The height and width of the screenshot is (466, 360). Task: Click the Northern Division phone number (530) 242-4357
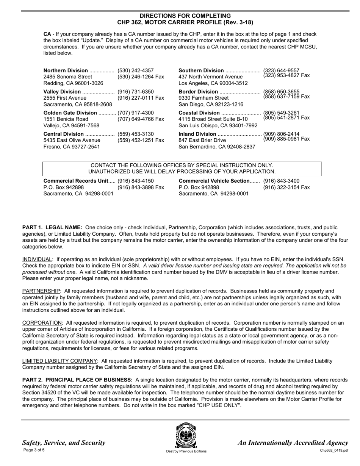click(136, 70)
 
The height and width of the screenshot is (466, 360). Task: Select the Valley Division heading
click(62, 92)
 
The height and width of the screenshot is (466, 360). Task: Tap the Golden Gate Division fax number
click(141, 119)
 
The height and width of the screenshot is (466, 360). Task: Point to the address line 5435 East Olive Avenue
click(72, 140)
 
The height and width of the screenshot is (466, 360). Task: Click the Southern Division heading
click(201, 70)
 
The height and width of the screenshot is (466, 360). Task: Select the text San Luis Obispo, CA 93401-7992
click(218, 125)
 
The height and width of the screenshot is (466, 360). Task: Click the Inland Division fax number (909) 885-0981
click(286, 139)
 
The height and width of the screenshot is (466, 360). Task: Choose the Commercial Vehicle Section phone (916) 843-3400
click(281, 181)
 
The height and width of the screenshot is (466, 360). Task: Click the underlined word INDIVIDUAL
click(37, 260)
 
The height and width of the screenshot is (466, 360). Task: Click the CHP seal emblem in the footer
click(186, 436)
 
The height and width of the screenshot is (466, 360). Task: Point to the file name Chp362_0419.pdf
click(334, 450)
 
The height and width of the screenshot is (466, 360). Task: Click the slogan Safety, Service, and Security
click(64, 443)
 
